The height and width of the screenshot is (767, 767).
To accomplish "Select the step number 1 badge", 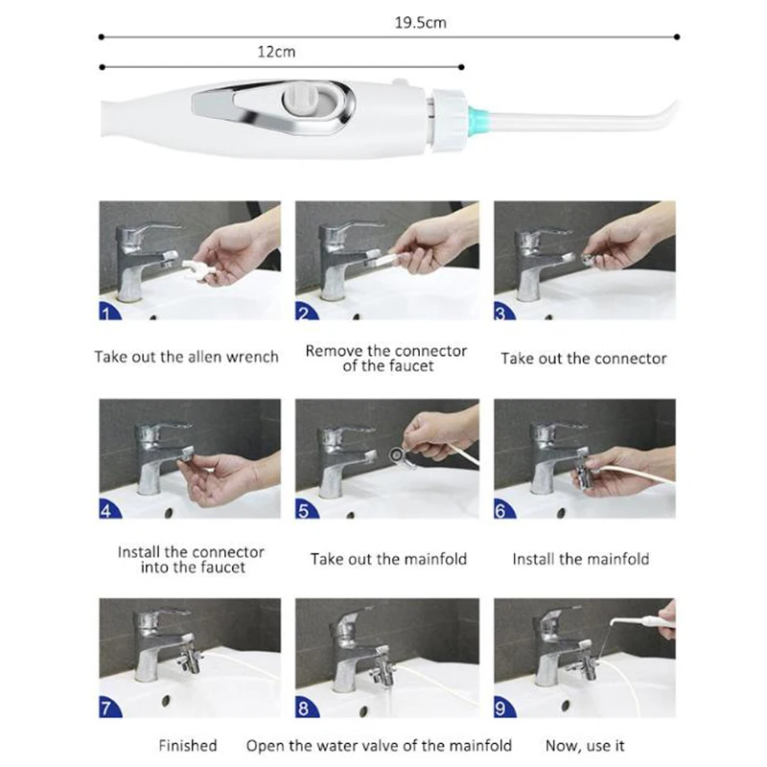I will click(x=109, y=311).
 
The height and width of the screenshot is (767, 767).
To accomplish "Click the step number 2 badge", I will click(x=305, y=311).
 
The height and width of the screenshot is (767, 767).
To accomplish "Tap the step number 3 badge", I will click(x=504, y=311).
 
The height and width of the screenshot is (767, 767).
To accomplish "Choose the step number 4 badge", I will click(x=109, y=510).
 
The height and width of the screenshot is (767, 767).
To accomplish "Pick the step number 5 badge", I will click(x=305, y=510).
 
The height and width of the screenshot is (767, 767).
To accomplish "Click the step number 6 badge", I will click(x=504, y=510).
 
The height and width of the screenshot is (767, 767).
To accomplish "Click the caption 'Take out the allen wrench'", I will click(x=186, y=357).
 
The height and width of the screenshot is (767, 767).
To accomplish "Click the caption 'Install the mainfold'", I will click(x=580, y=558).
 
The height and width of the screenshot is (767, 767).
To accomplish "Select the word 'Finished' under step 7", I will click(x=188, y=745).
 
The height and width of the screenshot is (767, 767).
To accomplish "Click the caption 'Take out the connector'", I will click(x=583, y=358).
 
